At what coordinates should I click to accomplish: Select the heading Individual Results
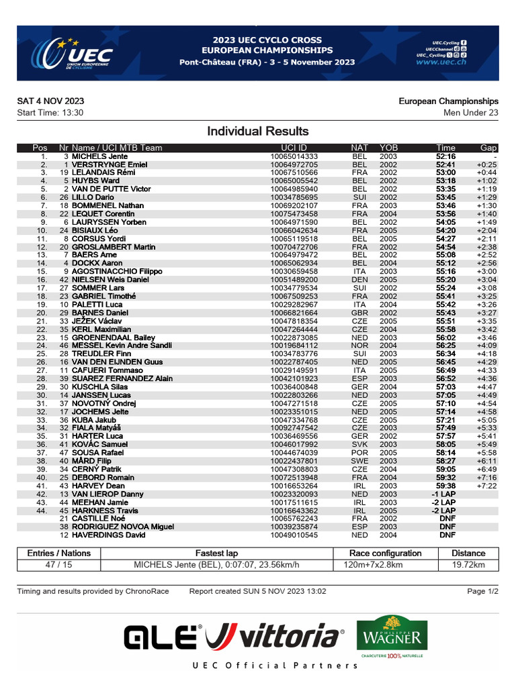258,131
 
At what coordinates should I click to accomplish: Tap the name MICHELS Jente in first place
100,156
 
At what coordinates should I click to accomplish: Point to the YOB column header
388,148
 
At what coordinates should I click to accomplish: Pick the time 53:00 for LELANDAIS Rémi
445,172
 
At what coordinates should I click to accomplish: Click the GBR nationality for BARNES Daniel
359,313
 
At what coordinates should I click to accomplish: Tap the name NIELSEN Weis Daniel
111,280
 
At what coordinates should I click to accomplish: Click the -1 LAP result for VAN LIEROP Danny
443,494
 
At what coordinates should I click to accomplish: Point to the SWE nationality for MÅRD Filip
359,462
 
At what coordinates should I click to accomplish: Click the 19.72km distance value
468,565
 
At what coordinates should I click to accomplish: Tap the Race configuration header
386,553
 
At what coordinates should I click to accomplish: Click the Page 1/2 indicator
482,591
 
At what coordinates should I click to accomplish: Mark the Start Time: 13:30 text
50,113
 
